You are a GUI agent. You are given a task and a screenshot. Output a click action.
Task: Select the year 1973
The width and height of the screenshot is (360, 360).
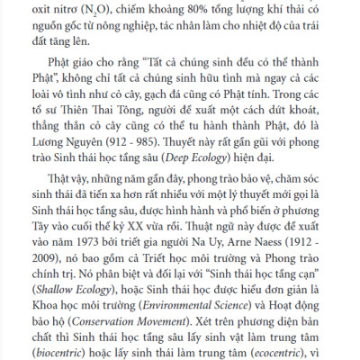point(95,267)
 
